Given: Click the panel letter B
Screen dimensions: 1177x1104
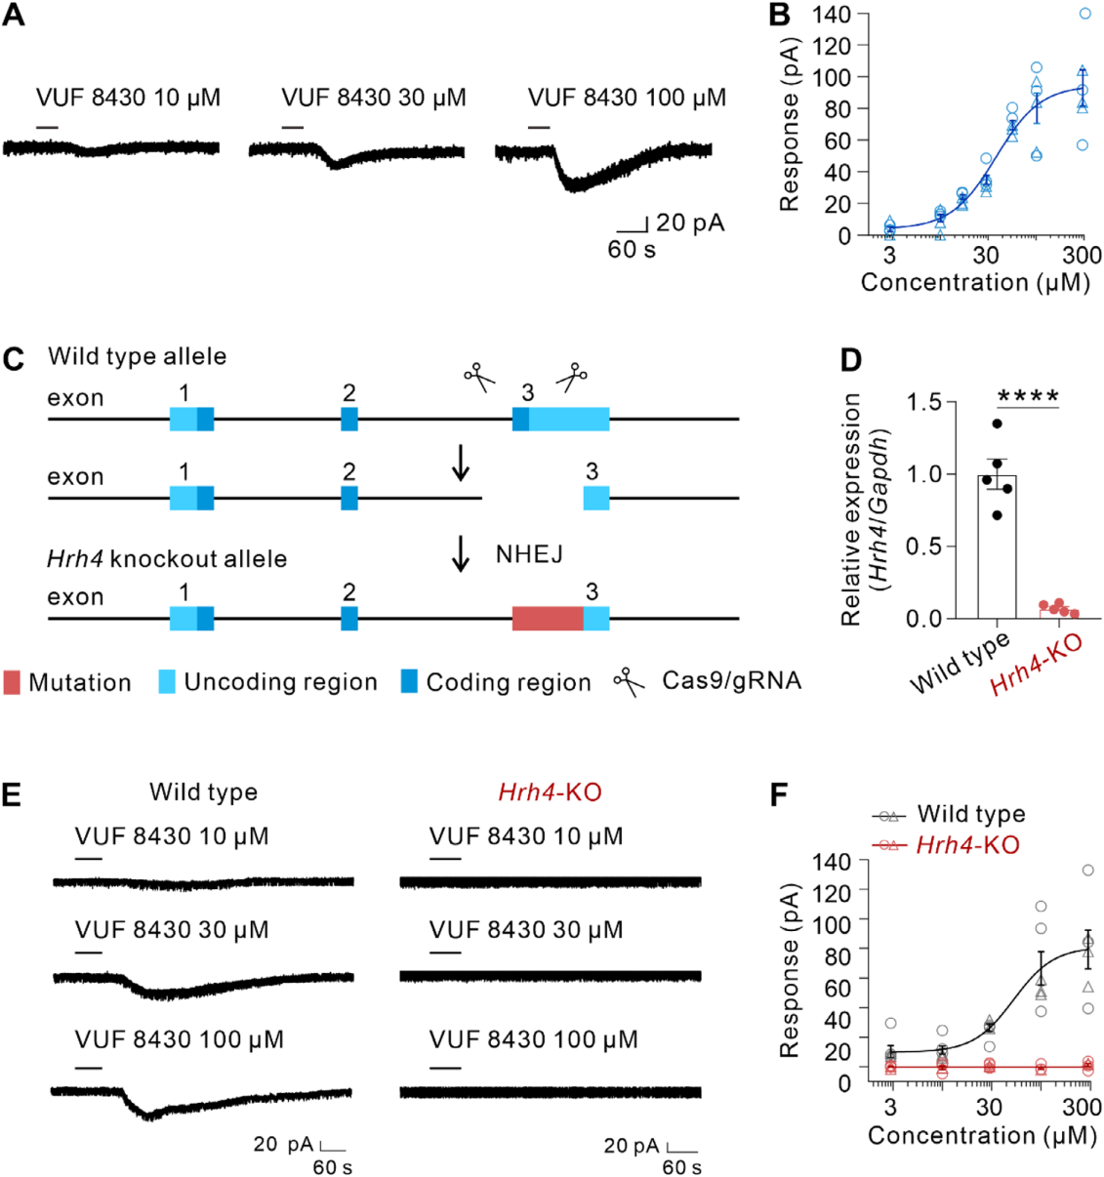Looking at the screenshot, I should coord(779,15).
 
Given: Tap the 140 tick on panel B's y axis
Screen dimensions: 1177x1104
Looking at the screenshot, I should coord(832,15).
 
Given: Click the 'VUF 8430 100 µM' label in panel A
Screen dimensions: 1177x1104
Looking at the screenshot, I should coord(627,98).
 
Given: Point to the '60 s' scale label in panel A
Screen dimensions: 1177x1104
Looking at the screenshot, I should coord(632,250).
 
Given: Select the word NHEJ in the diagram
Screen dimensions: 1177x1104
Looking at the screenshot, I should coord(529,554).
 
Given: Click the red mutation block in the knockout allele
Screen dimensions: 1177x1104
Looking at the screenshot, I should coord(548,618).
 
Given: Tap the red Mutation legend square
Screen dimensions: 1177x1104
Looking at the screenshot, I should coord(12,682).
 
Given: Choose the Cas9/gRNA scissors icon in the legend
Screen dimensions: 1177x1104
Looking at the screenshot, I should coord(630,682).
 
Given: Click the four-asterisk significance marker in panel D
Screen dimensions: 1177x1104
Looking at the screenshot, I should coord(1028,396).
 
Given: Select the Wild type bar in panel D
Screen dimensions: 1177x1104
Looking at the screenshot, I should coord(997,547).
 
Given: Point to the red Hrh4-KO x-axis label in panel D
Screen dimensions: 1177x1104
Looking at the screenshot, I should coord(1036,667).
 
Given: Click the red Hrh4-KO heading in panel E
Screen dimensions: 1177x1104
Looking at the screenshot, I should coord(550,791).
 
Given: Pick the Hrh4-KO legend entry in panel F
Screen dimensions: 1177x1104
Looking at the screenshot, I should coord(966,845).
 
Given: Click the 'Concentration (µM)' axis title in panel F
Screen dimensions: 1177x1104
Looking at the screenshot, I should coord(982,1136).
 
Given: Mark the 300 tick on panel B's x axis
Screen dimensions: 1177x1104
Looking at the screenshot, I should coord(1082,256).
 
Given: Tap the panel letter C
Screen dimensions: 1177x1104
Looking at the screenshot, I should coord(14,359).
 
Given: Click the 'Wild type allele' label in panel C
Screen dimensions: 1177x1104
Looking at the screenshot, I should coord(137,356).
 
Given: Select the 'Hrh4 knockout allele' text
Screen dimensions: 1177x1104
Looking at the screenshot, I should coord(167,559).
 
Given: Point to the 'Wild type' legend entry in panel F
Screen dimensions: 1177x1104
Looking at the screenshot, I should coord(970,814).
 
